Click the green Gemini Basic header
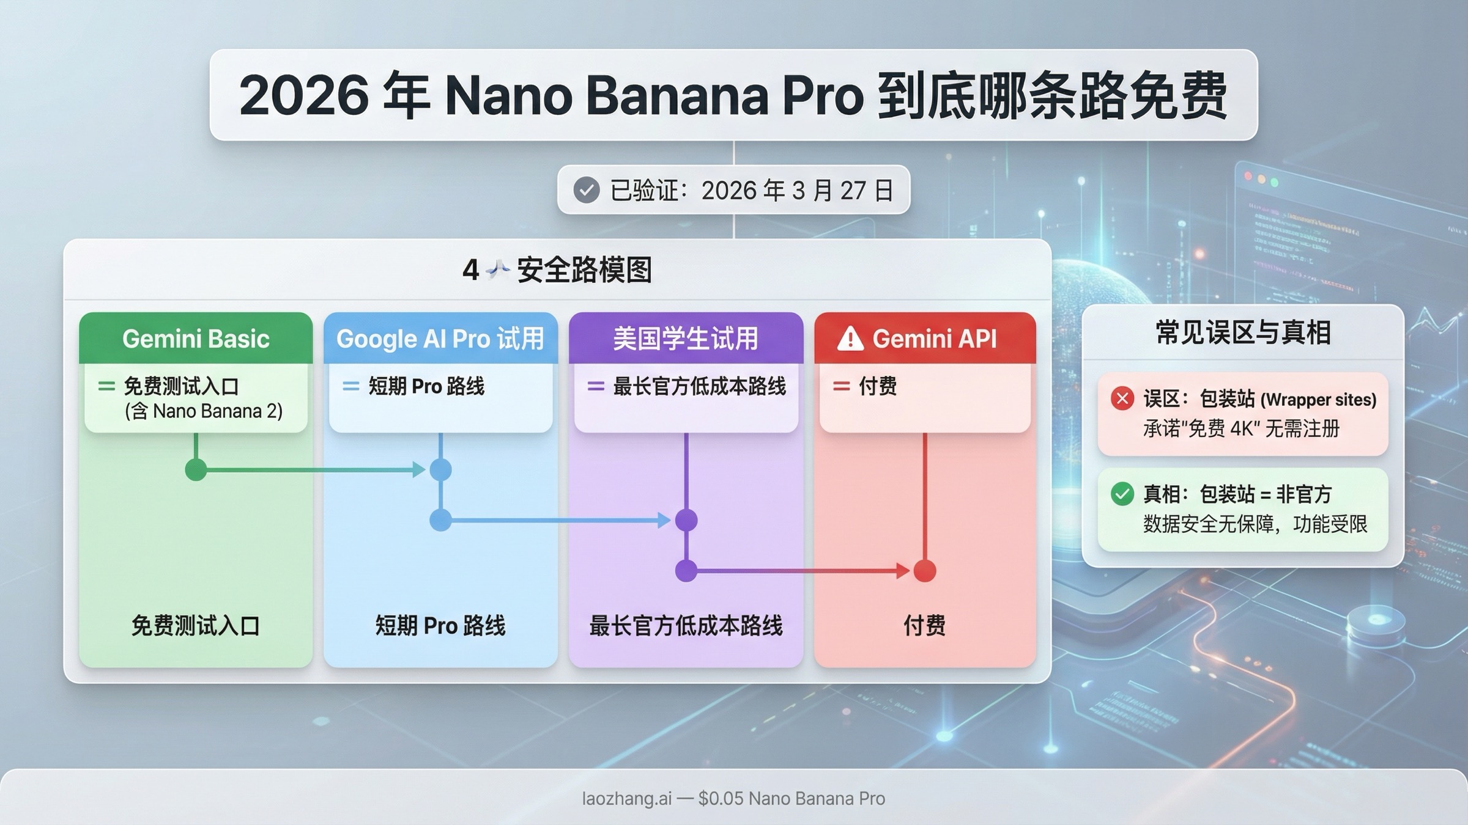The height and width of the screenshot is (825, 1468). [x=196, y=339]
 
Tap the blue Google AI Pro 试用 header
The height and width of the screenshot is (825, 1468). [x=440, y=339]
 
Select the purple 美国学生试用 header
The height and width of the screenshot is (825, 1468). [x=686, y=339]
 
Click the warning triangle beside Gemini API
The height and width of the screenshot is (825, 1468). [x=850, y=339]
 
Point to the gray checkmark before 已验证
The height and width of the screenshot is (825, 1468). [x=586, y=190]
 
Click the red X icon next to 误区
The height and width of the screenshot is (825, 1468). [x=1122, y=399]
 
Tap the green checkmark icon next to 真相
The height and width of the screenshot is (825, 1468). [x=1122, y=494]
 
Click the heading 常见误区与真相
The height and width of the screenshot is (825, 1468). [x=1243, y=333]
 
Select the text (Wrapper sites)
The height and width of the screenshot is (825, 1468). [x=1319, y=400]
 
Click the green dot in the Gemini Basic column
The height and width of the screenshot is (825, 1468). [x=196, y=470]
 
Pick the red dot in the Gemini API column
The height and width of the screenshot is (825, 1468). [x=924, y=571]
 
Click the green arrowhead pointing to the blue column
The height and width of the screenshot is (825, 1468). [x=419, y=470]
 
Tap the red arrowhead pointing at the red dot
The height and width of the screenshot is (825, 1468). [x=903, y=571]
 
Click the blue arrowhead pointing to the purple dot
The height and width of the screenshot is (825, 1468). [x=664, y=521]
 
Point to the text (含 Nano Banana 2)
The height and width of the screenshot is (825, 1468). [x=204, y=411]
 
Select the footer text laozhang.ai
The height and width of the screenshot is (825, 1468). [x=626, y=799]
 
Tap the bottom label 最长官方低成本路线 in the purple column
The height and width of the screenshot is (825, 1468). [x=686, y=626]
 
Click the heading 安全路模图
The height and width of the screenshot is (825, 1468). [x=584, y=270]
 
